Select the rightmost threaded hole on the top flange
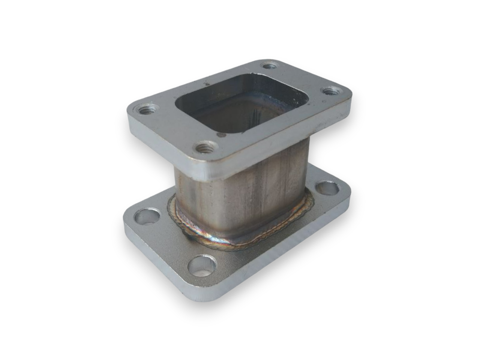click(331, 91)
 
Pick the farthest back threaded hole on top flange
click(269, 66)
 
